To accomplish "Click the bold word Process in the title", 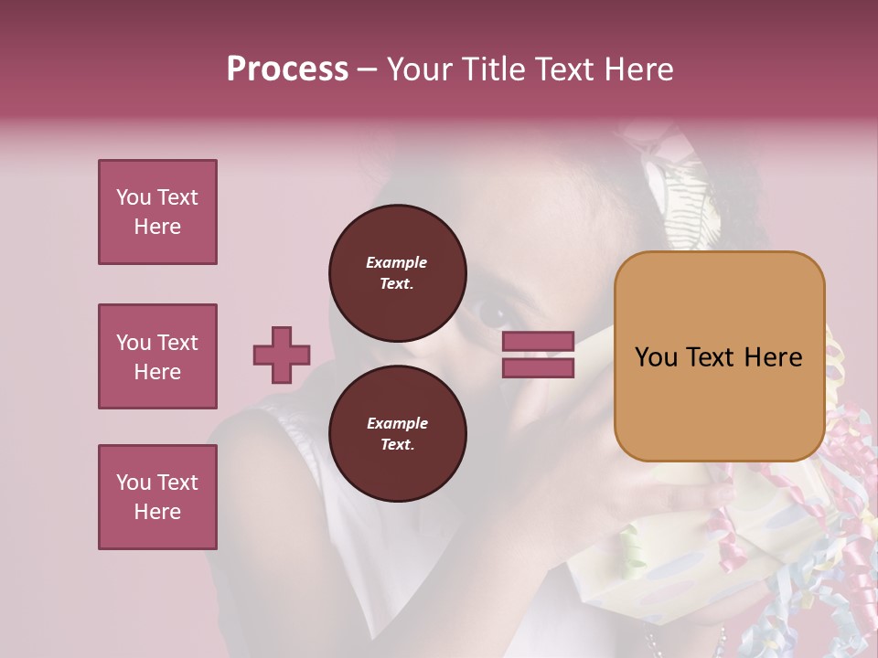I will coord(287,69).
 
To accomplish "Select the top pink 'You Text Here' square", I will coord(157,212).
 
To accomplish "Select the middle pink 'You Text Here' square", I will coord(157,356).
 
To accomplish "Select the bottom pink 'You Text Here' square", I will coord(157,497).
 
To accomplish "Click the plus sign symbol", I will coord(281,355).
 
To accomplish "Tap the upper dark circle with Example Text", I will coord(398,273).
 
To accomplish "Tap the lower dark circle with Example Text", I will coord(398,434).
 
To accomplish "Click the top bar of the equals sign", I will coord(538,342).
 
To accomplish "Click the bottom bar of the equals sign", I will coord(538,368).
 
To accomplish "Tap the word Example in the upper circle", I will coord(396,262).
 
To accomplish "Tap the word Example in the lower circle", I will coord(397,423).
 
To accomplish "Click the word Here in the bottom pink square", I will coord(157,512).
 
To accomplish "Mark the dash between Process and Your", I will coord(368,69).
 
